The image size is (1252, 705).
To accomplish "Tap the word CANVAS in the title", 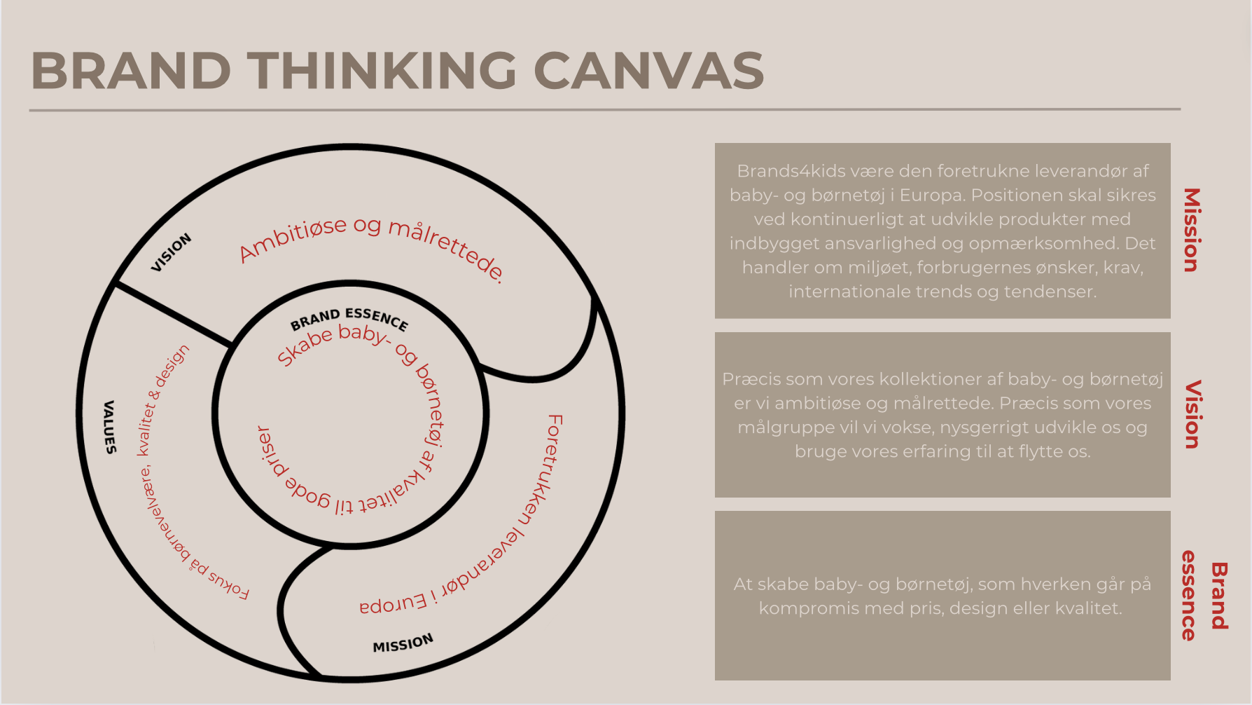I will [x=648, y=71].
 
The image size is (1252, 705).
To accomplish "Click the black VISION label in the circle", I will [x=171, y=252].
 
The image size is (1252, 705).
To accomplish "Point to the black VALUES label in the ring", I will [x=109, y=427].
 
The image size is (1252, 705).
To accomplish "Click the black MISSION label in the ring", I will [x=403, y=643].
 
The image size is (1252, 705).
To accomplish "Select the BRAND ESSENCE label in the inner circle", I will [x=349, y=318].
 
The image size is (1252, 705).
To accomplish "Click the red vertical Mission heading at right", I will [x=1191, y=230].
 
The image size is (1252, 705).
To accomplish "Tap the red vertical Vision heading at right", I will [x=1191, y=414].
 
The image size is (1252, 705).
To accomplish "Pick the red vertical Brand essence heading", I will [x=1204, y=596].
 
